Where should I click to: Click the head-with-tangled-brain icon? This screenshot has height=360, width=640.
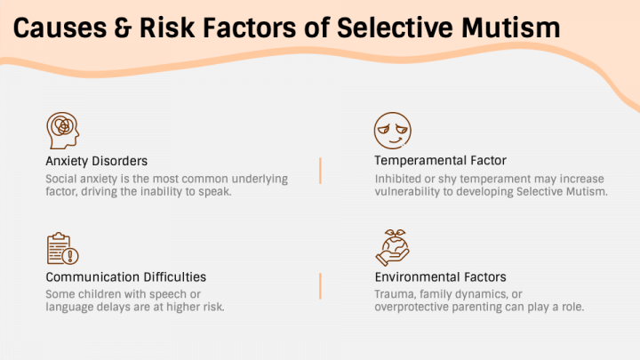pos(62,131)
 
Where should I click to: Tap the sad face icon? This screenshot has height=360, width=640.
pos(393,131)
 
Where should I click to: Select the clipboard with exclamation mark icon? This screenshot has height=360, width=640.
pos(62,248)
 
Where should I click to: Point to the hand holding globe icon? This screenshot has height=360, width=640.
pos(392,247)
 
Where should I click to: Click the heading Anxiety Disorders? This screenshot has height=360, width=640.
pos(96,161)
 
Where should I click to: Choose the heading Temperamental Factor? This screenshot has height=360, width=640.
pos(440,160)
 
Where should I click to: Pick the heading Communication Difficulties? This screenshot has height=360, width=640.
pos(125,277)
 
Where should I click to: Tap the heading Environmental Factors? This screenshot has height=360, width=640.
pos(440,277)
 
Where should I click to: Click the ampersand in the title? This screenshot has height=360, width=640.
pos(123,28)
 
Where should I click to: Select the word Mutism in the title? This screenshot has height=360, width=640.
pos(511,28)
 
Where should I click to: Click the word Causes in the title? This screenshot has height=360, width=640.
pos(60,28)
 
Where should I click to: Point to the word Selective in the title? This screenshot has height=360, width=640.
pos(395,28)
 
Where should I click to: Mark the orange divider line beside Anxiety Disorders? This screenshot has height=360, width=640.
pos(320,171)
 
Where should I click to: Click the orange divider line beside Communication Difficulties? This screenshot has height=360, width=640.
pos(320,286)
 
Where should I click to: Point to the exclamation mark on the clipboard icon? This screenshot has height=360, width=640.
pos(70,256)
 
